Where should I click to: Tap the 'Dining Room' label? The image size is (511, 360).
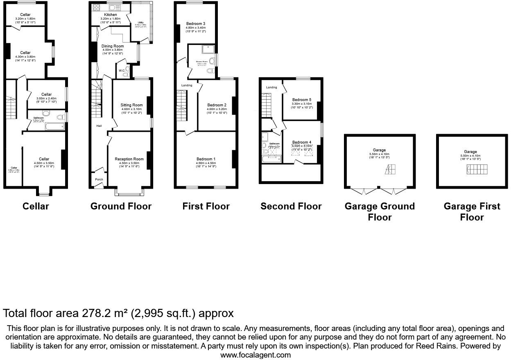(113, 46)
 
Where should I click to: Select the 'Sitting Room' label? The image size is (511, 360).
(131, 105)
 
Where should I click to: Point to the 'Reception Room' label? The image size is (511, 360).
(129, 159)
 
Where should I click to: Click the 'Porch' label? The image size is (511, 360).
(99, 179)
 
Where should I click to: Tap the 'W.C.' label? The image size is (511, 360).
(122, 71)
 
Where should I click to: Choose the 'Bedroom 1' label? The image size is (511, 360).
(206, 159)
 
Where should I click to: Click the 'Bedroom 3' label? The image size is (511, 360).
(195, 23)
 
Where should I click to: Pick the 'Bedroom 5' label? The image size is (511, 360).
(301, 100)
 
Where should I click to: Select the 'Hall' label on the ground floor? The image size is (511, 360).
(99, 126)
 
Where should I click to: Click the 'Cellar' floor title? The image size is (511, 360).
(36, 207)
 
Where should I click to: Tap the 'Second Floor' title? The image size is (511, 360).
(291, 207)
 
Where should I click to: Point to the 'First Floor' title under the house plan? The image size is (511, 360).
(206, 207)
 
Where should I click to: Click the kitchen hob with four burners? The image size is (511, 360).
(97, 7)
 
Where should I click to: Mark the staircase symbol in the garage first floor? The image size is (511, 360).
(477, 169)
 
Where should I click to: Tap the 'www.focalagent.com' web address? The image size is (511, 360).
(255, 355)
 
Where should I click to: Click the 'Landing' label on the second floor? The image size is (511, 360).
(271, 88)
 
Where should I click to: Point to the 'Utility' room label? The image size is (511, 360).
(140, 22)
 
